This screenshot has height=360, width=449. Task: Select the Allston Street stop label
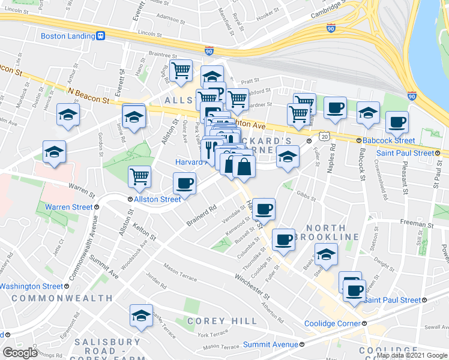click(x=157, y=199)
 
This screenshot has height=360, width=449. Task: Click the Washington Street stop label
click(x=31, y=287)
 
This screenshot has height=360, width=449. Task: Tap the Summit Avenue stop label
click(x=270, y=344)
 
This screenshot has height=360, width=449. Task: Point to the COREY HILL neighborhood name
click(x=221, y=322)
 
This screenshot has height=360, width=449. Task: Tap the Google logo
click(x=20, y=352)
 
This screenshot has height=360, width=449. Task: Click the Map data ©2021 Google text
click(x=412, y=355)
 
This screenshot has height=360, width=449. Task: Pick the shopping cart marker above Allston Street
click(x=139, y=176)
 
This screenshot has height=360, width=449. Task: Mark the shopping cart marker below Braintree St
click(x=181, y=71)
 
